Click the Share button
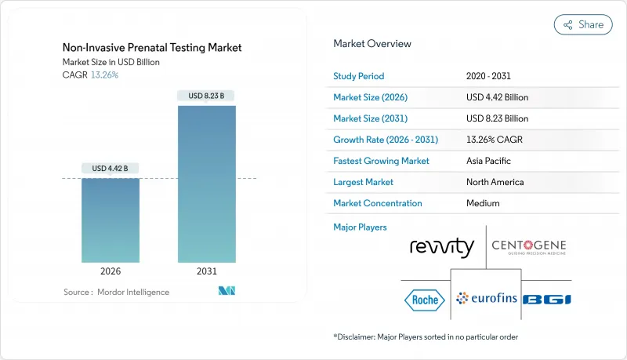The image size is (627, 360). pos(583,24)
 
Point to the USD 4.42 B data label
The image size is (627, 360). pos(111,169)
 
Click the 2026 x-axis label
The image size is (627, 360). pos(111,271)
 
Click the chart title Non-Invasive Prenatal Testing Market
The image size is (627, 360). pos(152,48)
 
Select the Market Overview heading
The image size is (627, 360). pos(371,44)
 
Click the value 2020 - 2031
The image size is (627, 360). pos(490,76)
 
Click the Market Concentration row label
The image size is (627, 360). pos(378,203)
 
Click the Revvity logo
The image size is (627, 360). pos(442,248)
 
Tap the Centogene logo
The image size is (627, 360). pos(528,248)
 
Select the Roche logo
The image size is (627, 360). pos(424,299)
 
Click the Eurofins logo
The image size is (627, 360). pos(487,298)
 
